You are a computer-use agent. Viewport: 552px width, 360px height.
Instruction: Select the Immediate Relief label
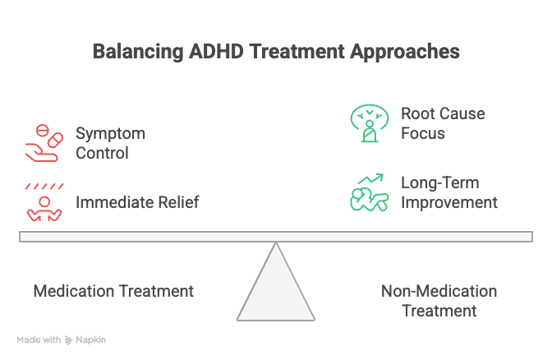(x=137, y=202)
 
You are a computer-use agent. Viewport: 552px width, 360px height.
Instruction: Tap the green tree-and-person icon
(x=368, y=123)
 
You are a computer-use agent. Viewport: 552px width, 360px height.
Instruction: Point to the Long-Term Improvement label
(x=448, y=192)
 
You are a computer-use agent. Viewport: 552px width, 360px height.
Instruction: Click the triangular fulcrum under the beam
(x=276, y=288)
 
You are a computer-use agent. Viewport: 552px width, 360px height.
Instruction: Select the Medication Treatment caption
(x=113, y=291)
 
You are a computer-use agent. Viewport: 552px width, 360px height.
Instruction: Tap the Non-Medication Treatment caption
(x=439, y=301)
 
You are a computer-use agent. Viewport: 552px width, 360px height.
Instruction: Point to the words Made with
(x=38, y=339)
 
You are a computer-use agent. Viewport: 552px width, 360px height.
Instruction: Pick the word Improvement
(x=448, y=202)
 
